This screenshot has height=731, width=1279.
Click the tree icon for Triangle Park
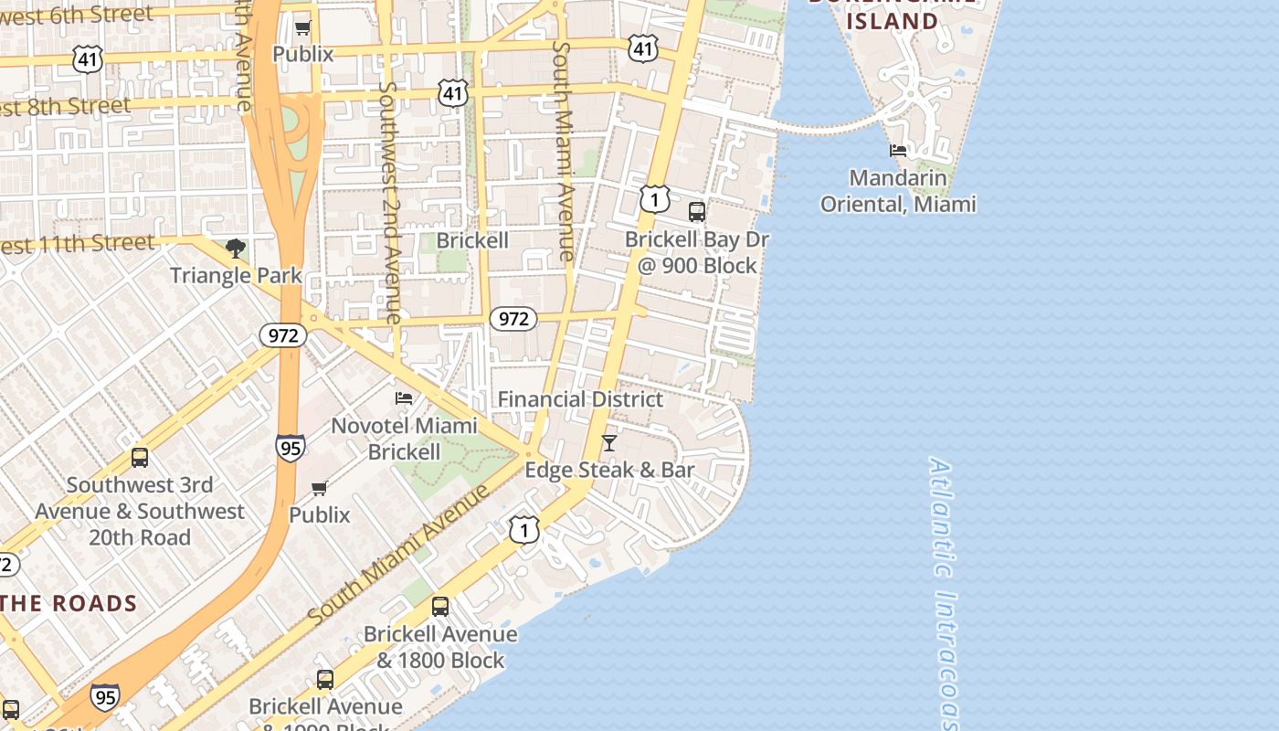click(235, 249)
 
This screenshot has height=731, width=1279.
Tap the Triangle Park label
click(236, 275)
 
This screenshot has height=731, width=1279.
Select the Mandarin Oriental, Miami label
click(897, 190)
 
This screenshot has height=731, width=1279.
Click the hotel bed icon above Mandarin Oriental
click(898, 151)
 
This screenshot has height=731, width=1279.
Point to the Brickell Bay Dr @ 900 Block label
click(697, 252)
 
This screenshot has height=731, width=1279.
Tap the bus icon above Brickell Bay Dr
click(697, 212)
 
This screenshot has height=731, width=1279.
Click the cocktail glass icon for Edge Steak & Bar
click(609, 443)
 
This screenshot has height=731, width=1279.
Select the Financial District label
click(580, 399)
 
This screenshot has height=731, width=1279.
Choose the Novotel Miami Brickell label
click(404, 439)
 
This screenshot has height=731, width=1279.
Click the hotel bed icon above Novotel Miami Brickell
click(404, 397)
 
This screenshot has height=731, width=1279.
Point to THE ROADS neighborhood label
click(69, 603)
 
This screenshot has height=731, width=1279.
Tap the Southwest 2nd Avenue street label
click(390, 202)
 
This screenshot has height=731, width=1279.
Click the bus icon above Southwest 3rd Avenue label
click(140, 458)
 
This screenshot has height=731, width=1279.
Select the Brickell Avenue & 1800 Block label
click(440, 647)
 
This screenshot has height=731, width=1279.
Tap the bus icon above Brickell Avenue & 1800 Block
click(440, 606)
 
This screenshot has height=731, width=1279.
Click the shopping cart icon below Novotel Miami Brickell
click(320, 488)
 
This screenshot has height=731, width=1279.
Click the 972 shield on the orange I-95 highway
click(283, 335)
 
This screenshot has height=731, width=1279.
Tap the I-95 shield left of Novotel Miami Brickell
click(291, 448)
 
